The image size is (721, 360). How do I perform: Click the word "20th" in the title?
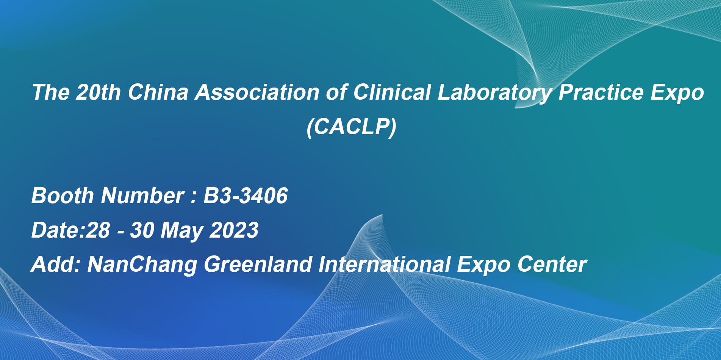pos(99,92)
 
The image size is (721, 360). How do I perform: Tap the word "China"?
pos(158,92)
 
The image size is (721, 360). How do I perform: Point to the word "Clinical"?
pos(392,92)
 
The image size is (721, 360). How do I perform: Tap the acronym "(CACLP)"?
pos(352,127)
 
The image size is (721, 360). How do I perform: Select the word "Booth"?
pos(63,196)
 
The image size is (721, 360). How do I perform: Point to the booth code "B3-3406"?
pos(246,196)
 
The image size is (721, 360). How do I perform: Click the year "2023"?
pos(234,230)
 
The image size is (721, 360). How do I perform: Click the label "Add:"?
pos(56,264)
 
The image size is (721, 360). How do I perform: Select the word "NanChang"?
pos(142,265)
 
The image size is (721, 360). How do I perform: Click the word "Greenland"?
pos(258,264)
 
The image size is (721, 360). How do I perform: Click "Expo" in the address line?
pos(483,265)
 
